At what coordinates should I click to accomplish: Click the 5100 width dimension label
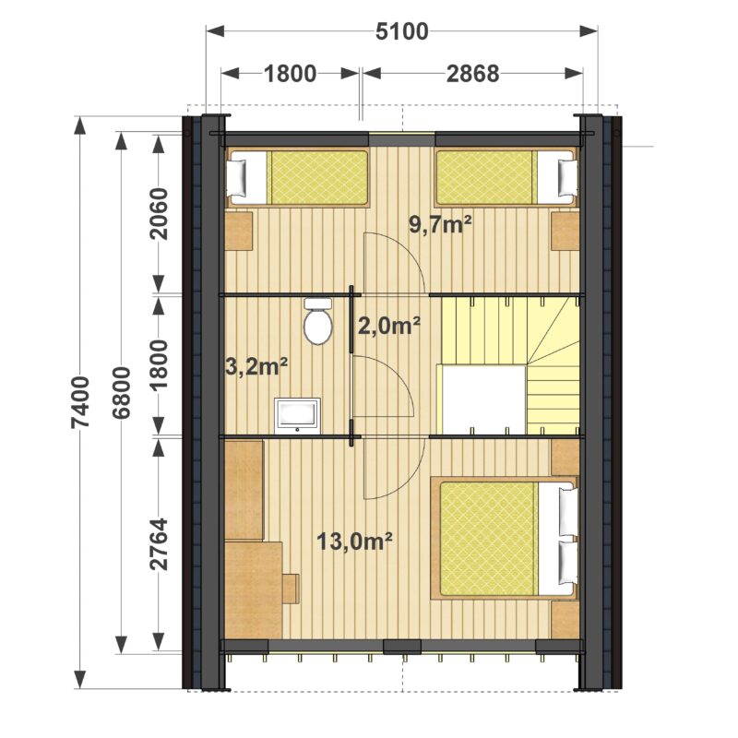[x=402, y=31]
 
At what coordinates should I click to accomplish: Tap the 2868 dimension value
[x=472, y=74]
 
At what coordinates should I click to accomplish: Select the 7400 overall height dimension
[x=80, y=402]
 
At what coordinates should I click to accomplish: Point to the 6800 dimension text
[x=122, y=393]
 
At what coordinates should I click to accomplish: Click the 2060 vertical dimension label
[x=159, y=214]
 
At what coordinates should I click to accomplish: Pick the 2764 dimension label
[x=159, y=544]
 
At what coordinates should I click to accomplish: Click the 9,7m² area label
[x=440, y=224]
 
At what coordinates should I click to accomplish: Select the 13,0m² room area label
[x=354, y=542]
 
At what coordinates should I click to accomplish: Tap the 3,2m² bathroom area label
[x=257, y=366]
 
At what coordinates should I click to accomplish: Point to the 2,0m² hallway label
[x=388, y=326]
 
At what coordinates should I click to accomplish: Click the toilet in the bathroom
[x=317, y=320]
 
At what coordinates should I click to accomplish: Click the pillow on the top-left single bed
[x=237, y=178]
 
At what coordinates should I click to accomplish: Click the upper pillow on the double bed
[x=567, y=512]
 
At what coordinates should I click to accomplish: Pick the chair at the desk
[x=291, y=588]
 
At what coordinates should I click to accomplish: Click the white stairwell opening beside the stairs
[x=482, y=399]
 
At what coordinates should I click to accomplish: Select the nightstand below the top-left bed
[x=239, y=232]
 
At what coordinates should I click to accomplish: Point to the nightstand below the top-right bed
[x=565, y=232]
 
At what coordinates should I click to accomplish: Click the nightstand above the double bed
[x=565, y=457]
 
